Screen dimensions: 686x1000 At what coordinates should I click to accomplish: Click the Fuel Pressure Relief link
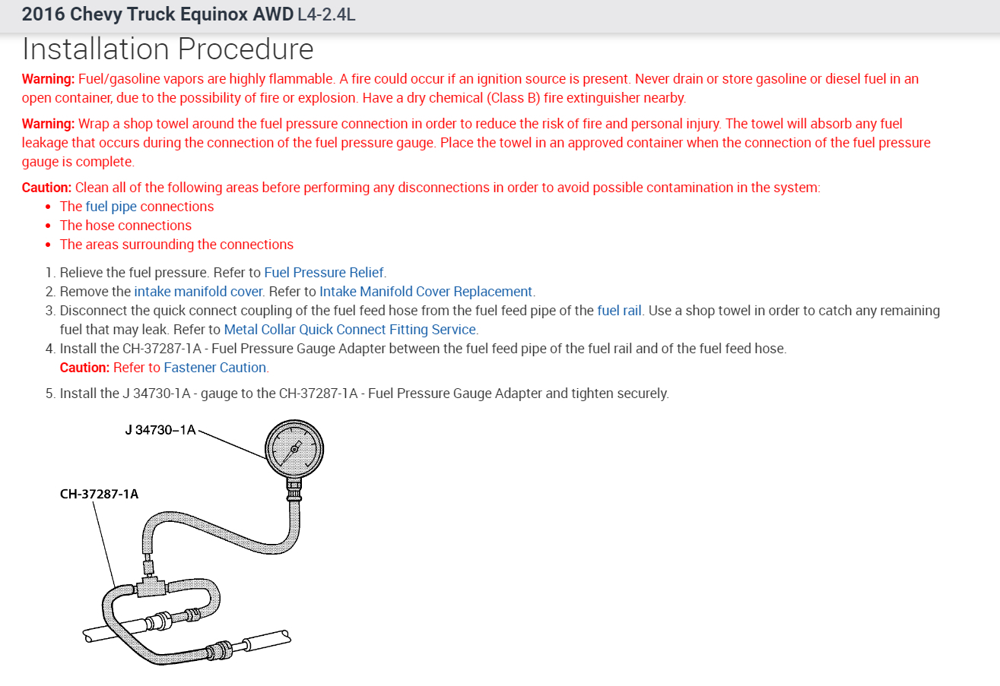(x=324, y=272)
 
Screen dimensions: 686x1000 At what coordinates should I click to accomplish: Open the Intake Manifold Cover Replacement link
(x=426, y=291)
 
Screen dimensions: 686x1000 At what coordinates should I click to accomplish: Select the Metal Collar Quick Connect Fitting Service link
(x=350, y=330)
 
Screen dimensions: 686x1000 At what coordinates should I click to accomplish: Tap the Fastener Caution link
(x=215, y=368)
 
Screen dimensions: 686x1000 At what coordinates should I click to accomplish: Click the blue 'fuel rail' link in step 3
(x=619, y=311)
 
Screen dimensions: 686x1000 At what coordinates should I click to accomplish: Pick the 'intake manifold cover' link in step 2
(x=198, y=291)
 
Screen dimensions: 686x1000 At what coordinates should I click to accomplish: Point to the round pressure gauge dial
(x=294, y=449)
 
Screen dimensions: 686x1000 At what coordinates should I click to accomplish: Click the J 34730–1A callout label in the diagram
(x=160, y=431)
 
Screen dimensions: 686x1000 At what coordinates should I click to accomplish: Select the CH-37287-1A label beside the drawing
(x=99, y=495)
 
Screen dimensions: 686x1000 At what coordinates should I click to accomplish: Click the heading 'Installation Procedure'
(x=167, y=49)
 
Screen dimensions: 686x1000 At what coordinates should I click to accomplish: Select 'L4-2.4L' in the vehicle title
(x=326, y=15)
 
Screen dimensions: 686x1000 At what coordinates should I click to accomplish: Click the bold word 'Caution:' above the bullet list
(x=46, y=188)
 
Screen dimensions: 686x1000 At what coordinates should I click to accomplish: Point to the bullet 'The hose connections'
(x=125, y=226)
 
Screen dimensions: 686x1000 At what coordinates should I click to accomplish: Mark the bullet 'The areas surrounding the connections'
(x=176, y=245)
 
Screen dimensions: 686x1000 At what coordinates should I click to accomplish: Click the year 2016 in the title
(x=43, y=15)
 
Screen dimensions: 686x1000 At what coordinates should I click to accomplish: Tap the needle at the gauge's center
(x=294, y=449)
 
